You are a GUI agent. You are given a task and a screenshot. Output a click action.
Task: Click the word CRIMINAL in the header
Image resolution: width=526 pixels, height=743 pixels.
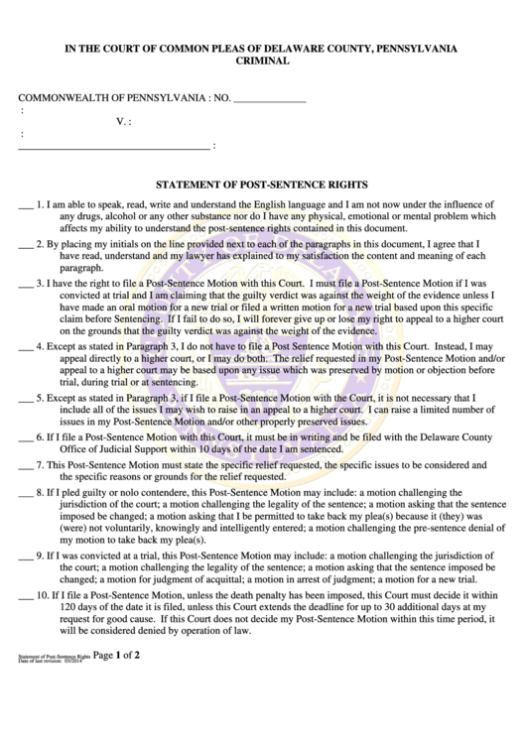click(262, 62)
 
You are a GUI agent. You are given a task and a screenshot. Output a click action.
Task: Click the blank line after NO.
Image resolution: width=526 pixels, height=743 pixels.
click(269, 100)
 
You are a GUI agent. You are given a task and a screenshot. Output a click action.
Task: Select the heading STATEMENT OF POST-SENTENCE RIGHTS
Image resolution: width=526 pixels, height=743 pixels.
click(263, 184)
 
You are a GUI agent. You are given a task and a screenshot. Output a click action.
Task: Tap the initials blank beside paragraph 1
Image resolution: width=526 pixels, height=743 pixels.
click(26, 206)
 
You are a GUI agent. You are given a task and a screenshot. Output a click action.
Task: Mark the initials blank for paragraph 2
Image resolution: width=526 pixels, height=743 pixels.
click(26, 245)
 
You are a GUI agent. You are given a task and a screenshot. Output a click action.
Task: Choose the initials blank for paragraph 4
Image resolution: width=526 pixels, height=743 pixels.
click(26, 349)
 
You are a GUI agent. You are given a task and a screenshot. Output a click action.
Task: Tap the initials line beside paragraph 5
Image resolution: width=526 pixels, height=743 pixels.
click(26, 400)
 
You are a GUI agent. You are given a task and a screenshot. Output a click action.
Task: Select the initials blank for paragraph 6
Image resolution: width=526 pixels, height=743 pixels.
click(26, 438)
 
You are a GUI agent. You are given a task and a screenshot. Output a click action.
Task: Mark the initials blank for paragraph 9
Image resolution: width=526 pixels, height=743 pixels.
click(26, 556)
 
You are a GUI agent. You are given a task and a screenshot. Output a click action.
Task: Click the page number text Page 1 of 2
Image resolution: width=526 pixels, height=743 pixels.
click(123, 711)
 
